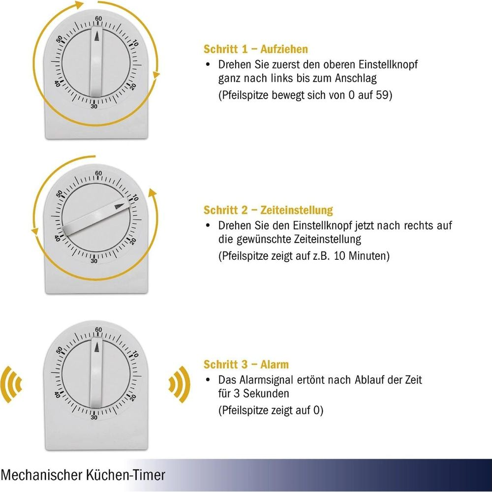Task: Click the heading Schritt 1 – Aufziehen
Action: [x=255, y=49]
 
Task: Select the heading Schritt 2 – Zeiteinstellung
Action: [x=268, y=210]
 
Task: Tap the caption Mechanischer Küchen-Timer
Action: [x=83, y=475]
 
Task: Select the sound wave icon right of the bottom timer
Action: [x=178, y=381]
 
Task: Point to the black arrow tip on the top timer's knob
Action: [x=97, y=36]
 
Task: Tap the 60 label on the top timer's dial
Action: [x=98, y=19]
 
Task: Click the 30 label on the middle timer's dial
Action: [x=93, y=261]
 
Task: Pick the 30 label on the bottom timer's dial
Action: [x=93, y=417]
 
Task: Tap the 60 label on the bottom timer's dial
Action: [x=98, y=330]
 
